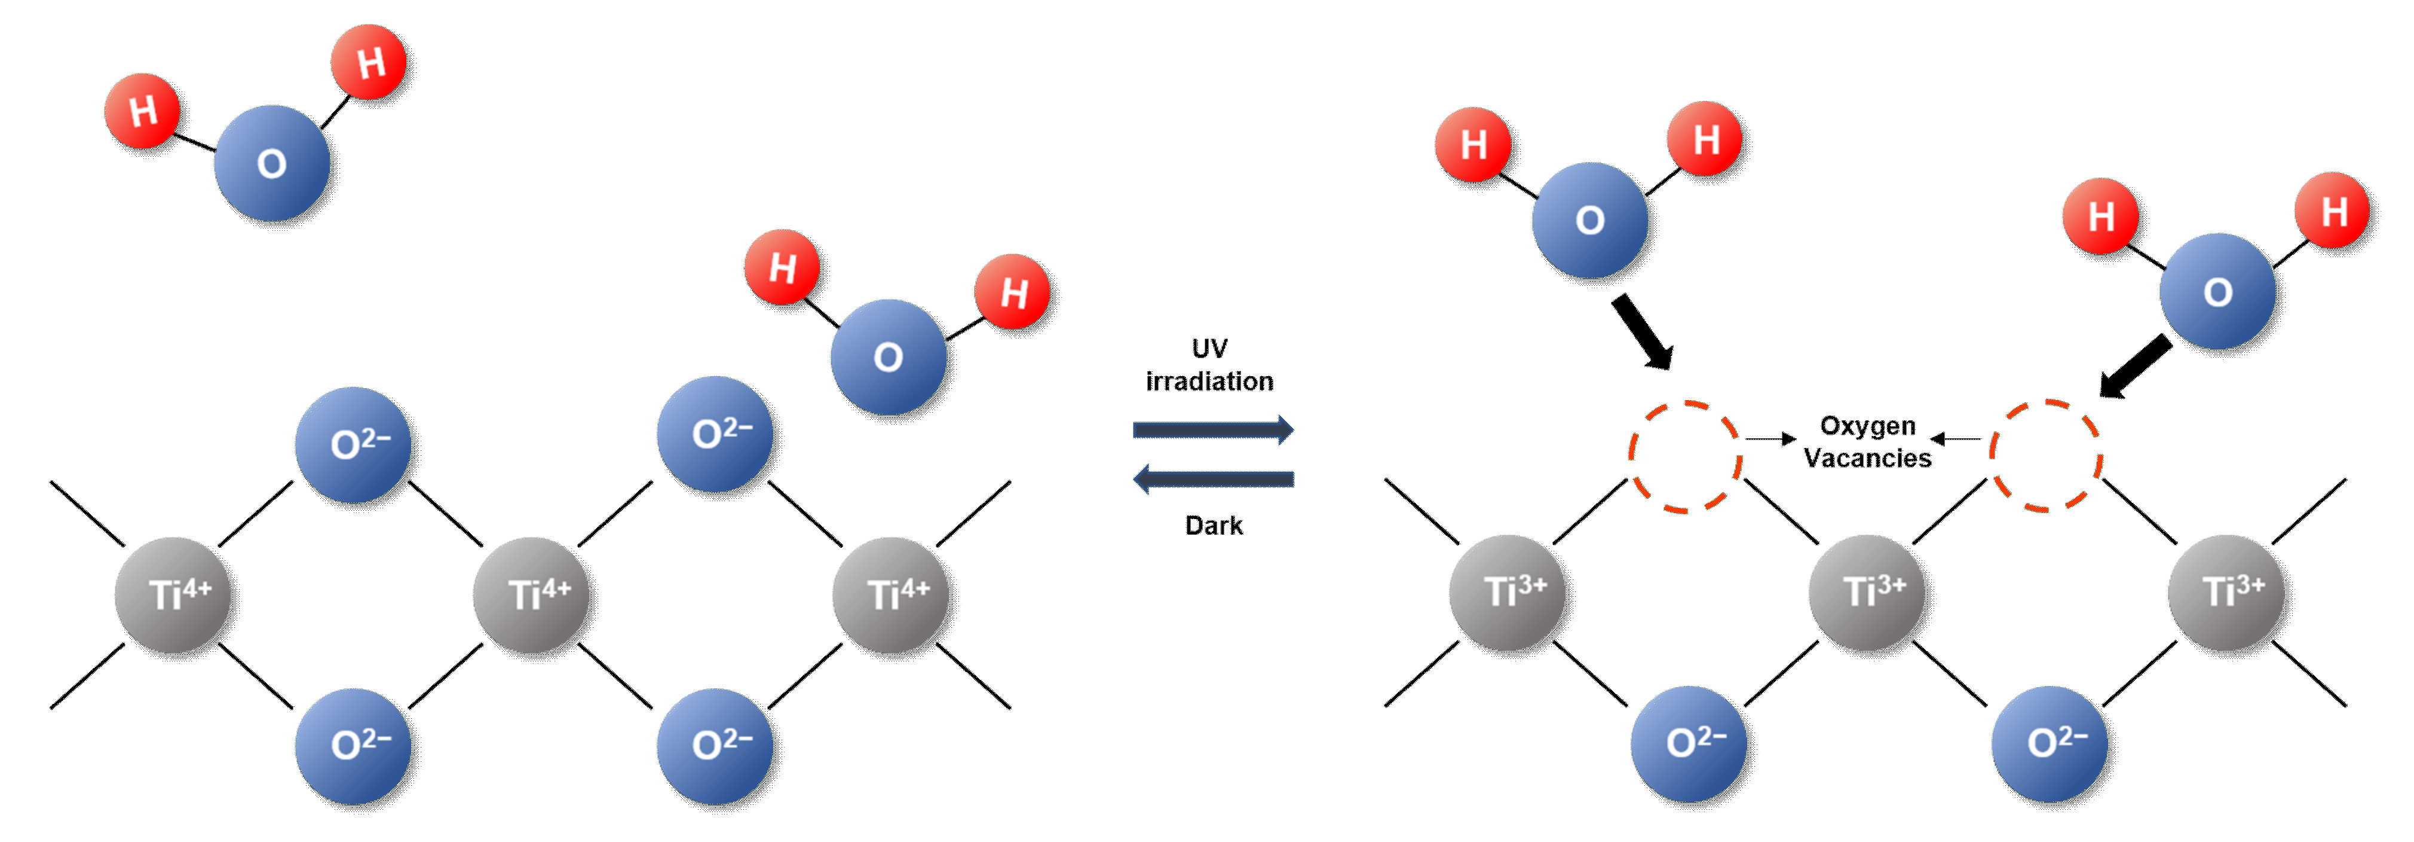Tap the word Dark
point(1214,525)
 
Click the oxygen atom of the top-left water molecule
point(272,163)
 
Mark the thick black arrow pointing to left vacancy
point(1643,333)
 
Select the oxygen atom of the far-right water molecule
point(2217,292)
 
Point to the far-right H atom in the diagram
point(2333,211)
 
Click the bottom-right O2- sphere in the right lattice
point(2050,743)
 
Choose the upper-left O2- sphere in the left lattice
point(353,444)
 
